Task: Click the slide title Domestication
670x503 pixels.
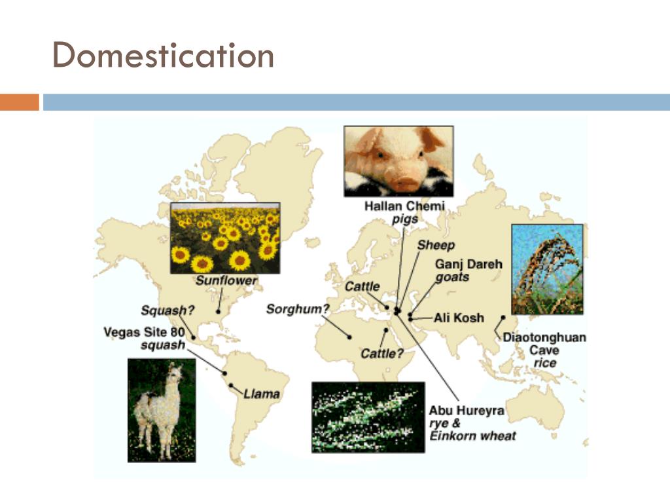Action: tap(163, 56)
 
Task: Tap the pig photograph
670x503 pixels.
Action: tap(398, 161)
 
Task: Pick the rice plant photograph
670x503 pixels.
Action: tap(547, 269)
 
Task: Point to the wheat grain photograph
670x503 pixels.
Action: tap(368, 417)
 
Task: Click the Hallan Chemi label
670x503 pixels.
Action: tap(404, 206)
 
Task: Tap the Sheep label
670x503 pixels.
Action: tap(436, 246)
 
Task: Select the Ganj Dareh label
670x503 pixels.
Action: tap(468, 265)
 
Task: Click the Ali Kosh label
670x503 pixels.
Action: tap(459, 318)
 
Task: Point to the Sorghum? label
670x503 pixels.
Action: tap(297, 308)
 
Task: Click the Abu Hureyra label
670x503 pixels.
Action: tap(467, 411)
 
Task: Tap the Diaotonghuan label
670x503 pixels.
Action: tap(544, 338)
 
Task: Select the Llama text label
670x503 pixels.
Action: tap(262, 394)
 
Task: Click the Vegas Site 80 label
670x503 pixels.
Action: tap(144, 332)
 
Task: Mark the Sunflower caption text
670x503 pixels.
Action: tap(226, 281)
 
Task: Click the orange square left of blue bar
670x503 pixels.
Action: tap(20, 102)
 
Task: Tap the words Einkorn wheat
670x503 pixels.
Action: tap(472, 436)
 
